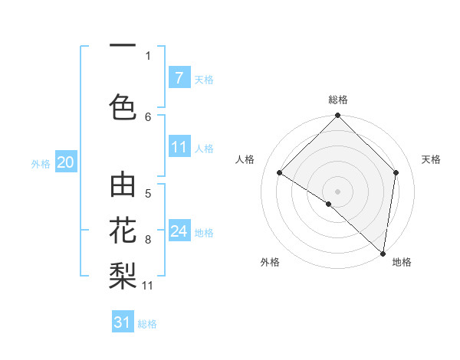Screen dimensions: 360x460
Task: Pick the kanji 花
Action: tap(123, 229)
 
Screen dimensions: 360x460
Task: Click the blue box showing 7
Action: tap(179, 78)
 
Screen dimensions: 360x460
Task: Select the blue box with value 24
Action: tap(179, 231)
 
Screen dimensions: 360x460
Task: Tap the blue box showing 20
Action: tap(66, 162)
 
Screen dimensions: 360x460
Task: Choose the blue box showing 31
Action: tap(123, 322)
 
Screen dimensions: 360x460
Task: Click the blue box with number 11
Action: tap(179, 148)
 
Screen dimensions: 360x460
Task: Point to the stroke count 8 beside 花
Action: tap(148, 240)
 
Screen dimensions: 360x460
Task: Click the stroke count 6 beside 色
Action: tap(148, 116)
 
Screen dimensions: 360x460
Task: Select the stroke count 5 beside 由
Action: tap(148, 194)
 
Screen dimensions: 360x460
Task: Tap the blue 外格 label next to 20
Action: tap(41, 163)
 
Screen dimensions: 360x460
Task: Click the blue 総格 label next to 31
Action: tap(147, 324)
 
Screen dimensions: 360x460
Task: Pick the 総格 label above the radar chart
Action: tap(338, 100)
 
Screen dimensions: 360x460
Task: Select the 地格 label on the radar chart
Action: tap(402, 262)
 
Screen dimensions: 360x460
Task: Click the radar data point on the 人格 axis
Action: tap(280, 173)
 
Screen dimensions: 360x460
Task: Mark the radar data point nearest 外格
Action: tap(329, 204)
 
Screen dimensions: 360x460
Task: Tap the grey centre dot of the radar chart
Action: tap(337, 191)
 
